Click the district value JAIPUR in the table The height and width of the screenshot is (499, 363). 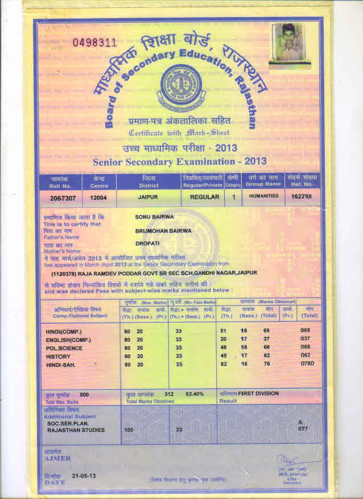(148, 197)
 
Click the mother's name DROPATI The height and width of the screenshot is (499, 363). (146, 244)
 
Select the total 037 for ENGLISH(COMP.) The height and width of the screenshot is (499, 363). (307, 339)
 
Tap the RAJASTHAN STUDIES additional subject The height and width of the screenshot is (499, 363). (75, 430)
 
